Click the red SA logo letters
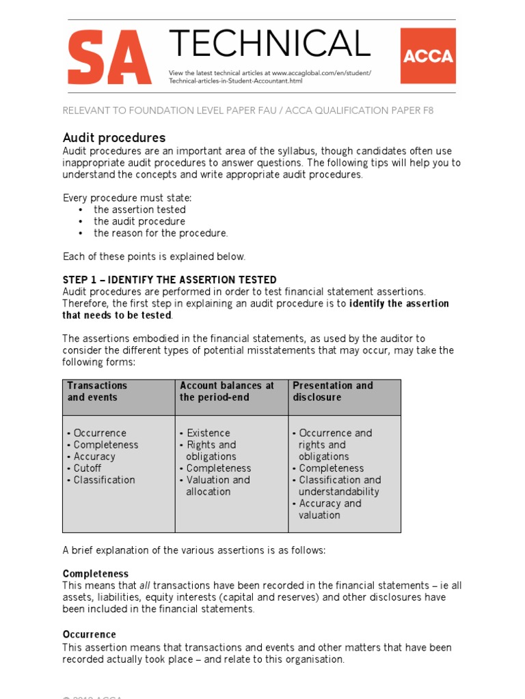[x=109, y=59]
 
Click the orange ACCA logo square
[x=427, y=55]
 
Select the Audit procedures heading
[x=114, y=138]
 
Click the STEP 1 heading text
[x=170, y=280]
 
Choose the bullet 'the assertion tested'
[x=139, y=210]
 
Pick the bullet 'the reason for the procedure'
[x=161, y=233]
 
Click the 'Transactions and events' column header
[x=97, y=391]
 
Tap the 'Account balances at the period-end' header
[x=226, y=391]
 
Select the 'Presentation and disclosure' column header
[x=332, y=391]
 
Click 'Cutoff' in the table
[x=87, y=468]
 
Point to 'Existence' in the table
[x=208, y=433]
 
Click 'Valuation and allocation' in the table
[x=217, y=485]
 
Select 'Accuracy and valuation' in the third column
[x=329, y=509]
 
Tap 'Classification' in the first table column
[x=104, y=480]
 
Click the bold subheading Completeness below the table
[x=96, y=574]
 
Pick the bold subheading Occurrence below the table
[x=90, y=634]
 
